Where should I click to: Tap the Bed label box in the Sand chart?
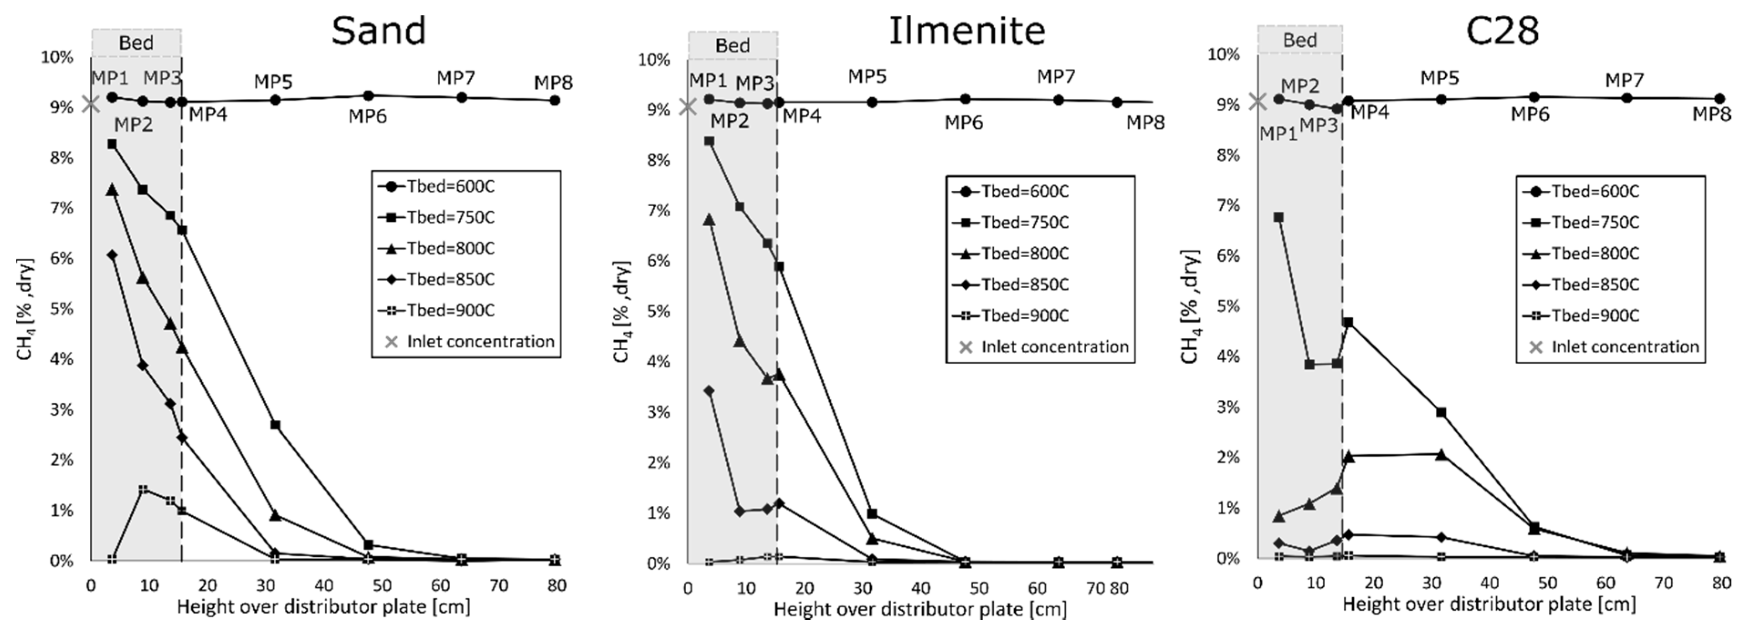136,42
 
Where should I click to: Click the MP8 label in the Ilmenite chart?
1145,122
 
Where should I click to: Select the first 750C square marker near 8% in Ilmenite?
709,141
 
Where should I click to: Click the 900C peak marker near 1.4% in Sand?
143,489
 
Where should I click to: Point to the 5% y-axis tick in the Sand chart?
62,309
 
